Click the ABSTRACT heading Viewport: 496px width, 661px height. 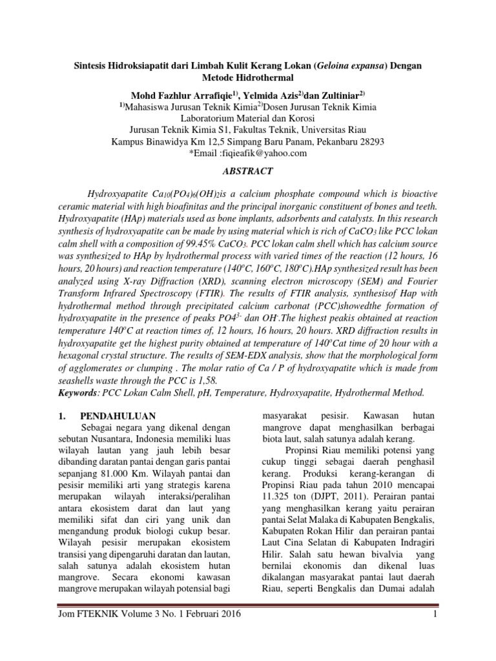pyautogui.click(x=247, y=171)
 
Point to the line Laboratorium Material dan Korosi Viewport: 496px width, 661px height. pyautogui.click(x=247, y=118)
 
